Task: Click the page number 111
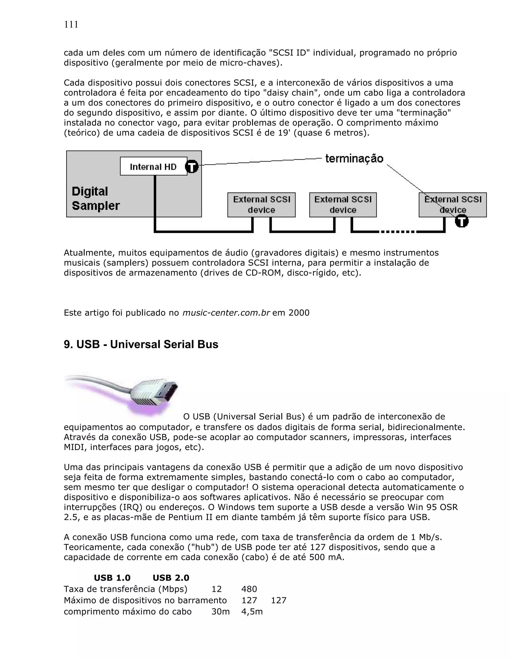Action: click(x=71, y=24)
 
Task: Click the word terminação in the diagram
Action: click(x=354, y=159)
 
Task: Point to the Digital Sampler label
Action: click(x=95, y=198)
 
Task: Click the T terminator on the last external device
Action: click(x=461, y=221)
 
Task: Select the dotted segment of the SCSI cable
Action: click(x=398, y=232)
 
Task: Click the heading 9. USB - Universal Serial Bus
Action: click(x=141, y=344)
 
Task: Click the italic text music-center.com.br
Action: click(x=226, y=313)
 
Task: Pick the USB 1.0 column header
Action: click(x=112, y=578)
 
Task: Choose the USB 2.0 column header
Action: click(x=171, y=578)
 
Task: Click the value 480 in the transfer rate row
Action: click(x=249, y=589)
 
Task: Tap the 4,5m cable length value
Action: click(x=252, y=612)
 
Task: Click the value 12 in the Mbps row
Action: click(x=217, y=589)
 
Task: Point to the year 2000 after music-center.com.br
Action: click(x=299, y=313)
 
